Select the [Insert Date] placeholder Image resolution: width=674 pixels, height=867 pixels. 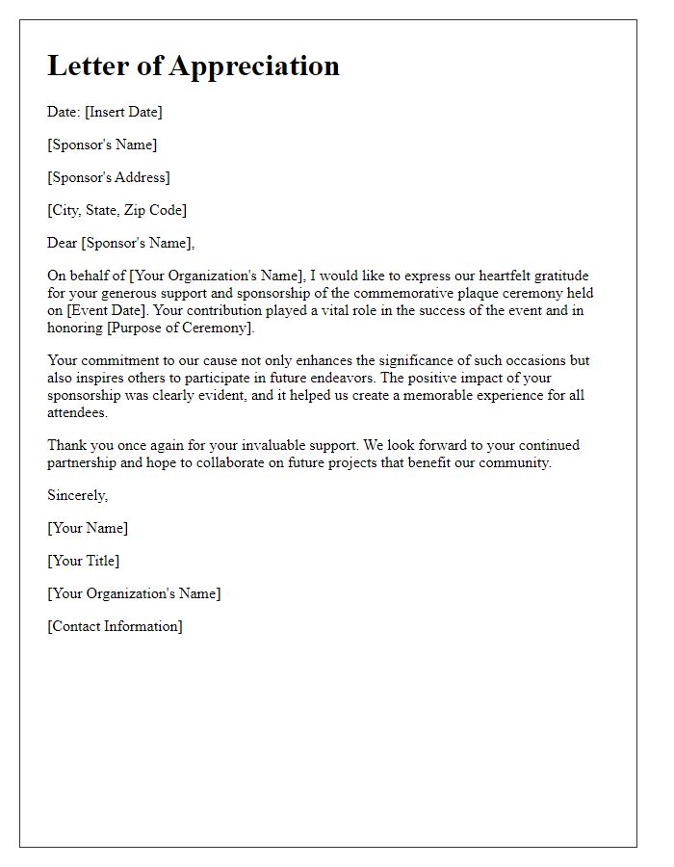123,112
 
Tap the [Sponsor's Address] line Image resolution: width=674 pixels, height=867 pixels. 109,177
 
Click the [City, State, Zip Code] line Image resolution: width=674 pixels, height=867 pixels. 117,210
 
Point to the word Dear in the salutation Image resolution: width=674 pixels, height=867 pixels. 63,243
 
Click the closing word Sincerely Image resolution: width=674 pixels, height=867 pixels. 77,495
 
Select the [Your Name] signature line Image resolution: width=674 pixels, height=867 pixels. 88,528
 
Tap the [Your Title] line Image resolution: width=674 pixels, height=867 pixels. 84,561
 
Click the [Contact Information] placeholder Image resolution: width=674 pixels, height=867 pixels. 115,626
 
